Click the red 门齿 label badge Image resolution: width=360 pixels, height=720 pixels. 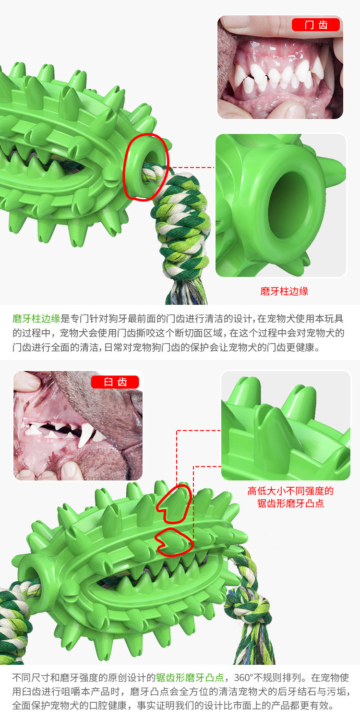[316, 25]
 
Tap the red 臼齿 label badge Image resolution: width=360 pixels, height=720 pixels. [115, 382]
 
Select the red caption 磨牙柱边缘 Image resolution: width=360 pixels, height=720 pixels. [284, 291]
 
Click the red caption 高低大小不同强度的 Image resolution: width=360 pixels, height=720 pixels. [290, 491]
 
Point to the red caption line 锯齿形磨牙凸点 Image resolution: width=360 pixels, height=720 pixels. [290, 503]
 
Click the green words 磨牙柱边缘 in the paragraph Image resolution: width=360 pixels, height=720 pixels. [36, 319]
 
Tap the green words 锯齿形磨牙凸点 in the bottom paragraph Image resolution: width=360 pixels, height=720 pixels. [190, 678]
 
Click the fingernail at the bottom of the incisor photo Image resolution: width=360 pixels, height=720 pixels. [291, 111]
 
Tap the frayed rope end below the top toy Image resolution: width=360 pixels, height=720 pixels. [186, 292]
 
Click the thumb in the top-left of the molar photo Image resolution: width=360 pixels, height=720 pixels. [27, 382]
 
